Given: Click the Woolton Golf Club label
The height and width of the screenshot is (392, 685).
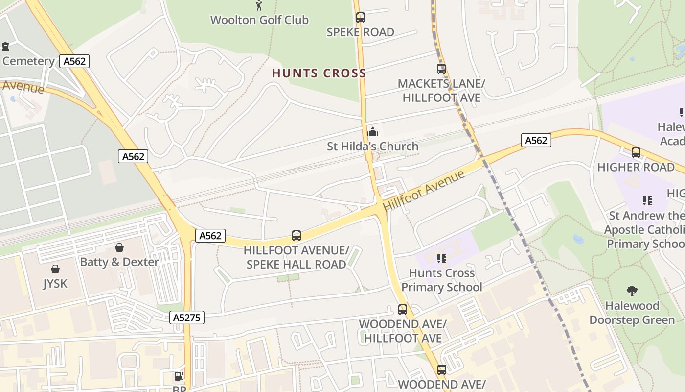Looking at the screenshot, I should point(259,20).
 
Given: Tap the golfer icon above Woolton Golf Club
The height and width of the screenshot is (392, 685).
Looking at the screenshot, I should point(259,6).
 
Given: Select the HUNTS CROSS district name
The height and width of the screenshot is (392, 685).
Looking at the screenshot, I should point(319,73).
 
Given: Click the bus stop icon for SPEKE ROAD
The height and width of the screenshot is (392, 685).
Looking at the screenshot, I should point(361,18).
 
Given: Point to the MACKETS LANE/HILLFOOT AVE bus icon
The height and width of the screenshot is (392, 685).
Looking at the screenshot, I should point(441,69).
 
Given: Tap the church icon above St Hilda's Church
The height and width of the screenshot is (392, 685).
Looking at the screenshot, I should point(373,132).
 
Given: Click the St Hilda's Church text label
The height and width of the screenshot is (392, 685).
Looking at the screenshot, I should point(373,146).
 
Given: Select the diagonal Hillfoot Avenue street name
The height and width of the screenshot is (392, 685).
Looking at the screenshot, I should point(424,191).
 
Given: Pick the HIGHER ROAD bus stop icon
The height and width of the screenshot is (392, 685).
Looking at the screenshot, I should point(636,153).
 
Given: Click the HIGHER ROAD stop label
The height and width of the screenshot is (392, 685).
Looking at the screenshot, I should point(636,167).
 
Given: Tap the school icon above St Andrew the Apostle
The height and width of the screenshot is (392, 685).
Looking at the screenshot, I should point(647,200).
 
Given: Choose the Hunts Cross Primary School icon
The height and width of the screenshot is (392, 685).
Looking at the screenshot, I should point(442,258).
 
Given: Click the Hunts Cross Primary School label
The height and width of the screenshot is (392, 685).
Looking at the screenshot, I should point(442,280).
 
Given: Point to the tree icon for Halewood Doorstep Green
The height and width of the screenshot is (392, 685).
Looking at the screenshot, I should point(632,291).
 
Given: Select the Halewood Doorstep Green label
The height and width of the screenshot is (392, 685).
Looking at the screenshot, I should point(632,313).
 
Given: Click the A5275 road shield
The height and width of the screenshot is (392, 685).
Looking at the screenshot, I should point(187,318).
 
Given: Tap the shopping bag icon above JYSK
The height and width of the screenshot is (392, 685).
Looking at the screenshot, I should point(55,269).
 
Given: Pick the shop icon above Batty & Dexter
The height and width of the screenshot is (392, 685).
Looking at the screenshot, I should point(119,247).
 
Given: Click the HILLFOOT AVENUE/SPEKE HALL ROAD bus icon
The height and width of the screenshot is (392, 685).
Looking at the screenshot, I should point(297,235).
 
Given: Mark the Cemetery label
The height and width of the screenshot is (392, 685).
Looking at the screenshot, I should point(28,61).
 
